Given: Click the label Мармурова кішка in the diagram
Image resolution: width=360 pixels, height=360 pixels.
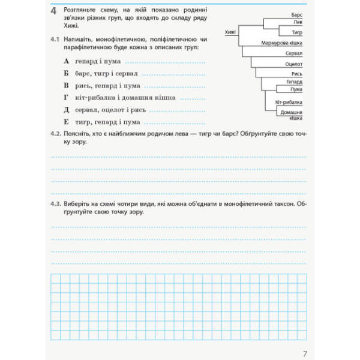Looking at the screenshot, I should coord(282,44).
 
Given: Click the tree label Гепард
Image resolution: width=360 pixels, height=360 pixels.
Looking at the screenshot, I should coord(294,81).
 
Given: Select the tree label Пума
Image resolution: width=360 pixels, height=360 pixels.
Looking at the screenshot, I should coord(296,89).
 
